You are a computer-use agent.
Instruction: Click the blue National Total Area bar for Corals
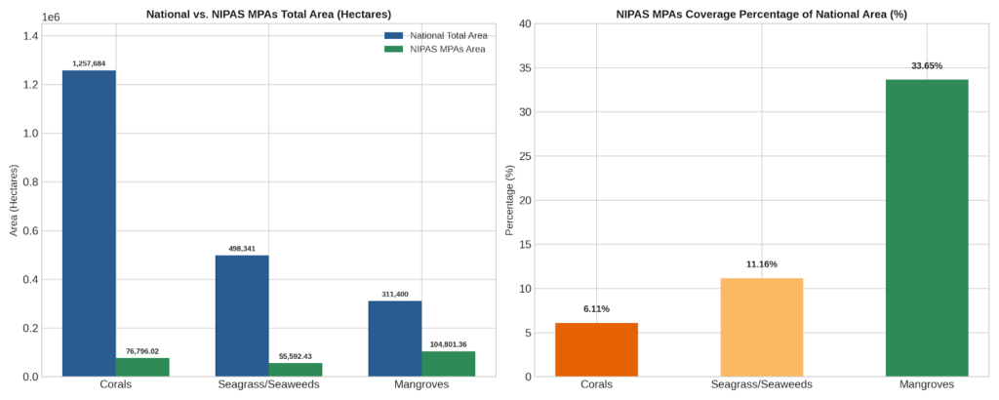(89, 223)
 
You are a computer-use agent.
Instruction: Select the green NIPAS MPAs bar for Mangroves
(448, 364)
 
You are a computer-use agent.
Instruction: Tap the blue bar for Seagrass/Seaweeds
(242, 316)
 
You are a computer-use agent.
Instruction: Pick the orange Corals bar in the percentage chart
(596, 349)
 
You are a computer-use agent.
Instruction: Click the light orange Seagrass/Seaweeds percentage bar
(762, 328)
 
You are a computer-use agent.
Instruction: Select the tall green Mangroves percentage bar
(927, 228)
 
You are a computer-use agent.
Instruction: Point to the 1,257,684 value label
(89, 63)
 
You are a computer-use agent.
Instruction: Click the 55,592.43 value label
(295, 356)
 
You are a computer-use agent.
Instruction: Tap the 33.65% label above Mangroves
(927, 65)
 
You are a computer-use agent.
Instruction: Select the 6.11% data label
(596, 309)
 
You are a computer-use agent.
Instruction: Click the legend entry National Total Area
(436, 36)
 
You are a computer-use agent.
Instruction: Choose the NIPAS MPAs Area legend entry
(435, 49)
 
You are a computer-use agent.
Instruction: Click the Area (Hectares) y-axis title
(14, 201)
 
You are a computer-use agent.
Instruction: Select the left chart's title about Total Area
(269, 14)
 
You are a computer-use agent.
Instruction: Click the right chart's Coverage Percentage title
(762, 14)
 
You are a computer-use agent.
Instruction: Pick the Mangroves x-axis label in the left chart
(421, 384)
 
